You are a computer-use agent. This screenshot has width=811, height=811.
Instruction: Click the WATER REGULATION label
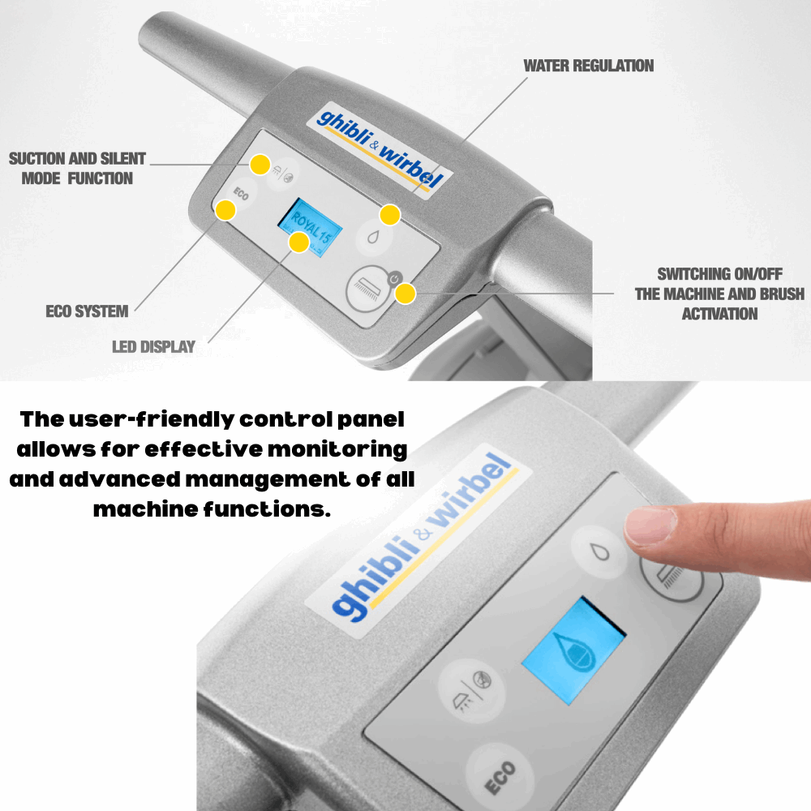[x=589, y=66]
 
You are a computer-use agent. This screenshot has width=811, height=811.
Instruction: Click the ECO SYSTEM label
[x=87, y=311]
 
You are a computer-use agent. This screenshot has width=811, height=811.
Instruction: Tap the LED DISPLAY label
[x=153, y=346]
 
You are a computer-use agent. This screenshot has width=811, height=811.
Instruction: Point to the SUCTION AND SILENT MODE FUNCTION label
[x=77, y=168]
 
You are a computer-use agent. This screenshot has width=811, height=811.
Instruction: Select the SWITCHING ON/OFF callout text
[x=719, y=294]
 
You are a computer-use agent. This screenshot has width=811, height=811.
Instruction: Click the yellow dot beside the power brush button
[x=405, y=294]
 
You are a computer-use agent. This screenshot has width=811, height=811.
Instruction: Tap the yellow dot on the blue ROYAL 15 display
[x=299, y=242]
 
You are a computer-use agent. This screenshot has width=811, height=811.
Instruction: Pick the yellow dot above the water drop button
[x=389, y=215]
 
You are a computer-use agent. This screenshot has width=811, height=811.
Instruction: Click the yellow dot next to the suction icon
[x=260, y=165]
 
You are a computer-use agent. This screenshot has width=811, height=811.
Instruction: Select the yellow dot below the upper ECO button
[x=225, y=210]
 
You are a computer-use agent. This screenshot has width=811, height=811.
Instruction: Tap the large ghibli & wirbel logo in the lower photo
[x=422, y=536]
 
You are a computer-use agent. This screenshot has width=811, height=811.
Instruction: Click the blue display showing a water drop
[x=574, y=650]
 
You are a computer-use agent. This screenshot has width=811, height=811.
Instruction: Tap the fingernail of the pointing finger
[x=650, y=526]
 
